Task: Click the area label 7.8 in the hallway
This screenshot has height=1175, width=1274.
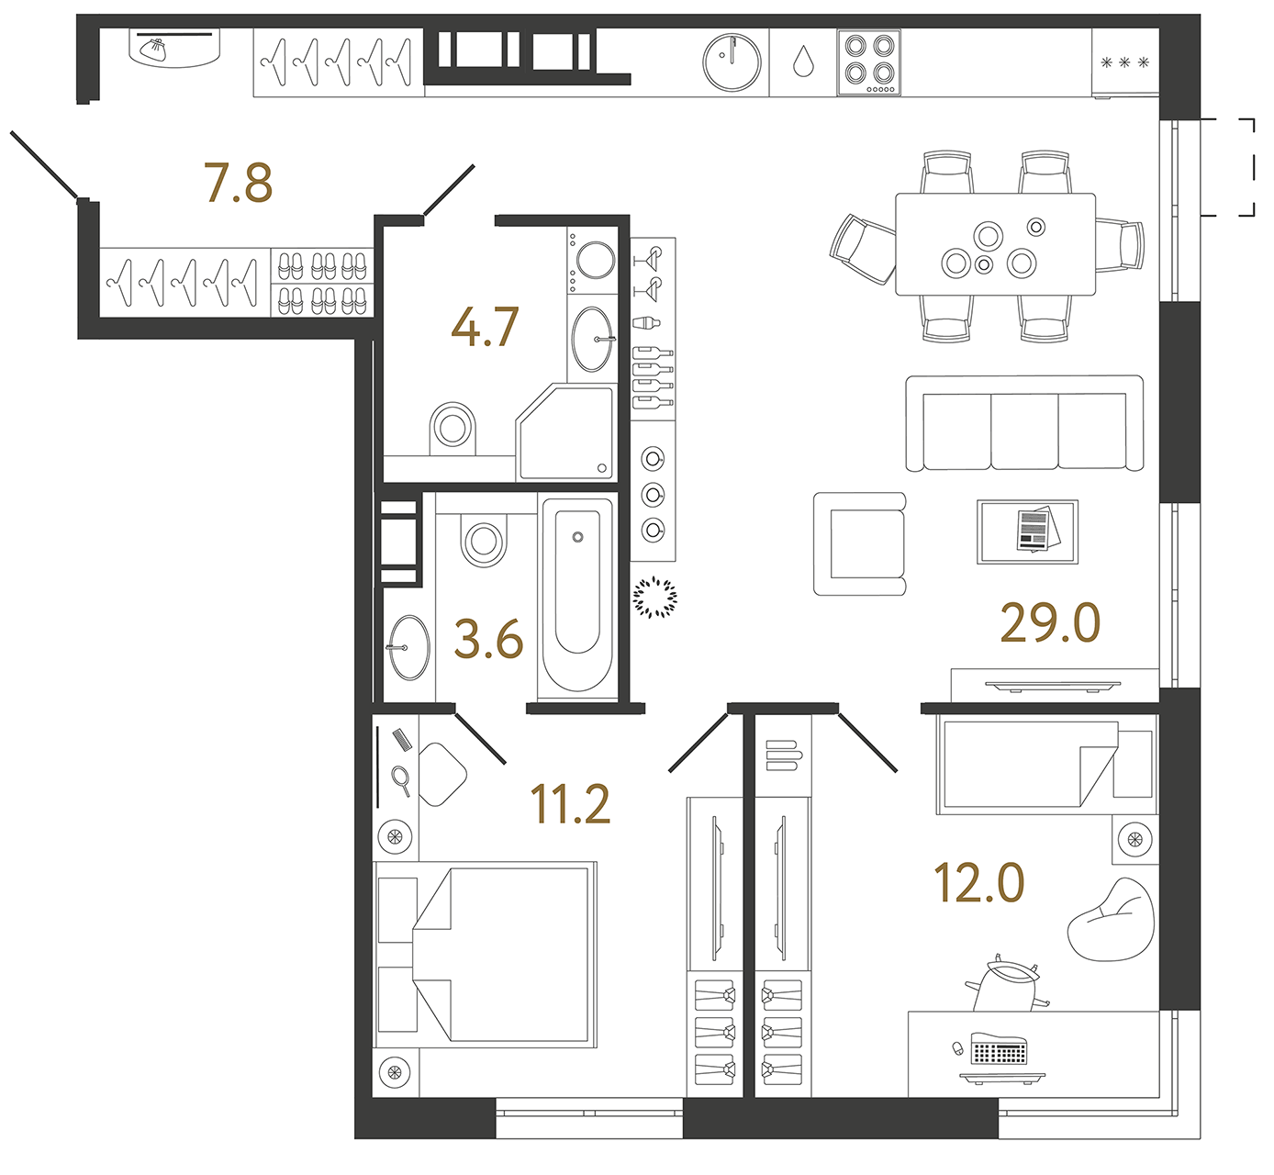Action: coord(238,183)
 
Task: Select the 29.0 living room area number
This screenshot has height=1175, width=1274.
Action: coord(1050,623)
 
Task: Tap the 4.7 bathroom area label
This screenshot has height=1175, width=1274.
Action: coord(485,327)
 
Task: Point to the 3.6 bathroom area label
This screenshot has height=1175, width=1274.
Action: coord(488,639)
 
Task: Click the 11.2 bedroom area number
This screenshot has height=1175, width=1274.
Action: coord(570,804)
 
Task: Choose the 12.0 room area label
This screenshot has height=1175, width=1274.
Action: coord(978,883)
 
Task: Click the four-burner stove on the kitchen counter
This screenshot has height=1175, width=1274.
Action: coord(868,62)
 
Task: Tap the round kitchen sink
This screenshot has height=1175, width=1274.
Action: coord(732,62)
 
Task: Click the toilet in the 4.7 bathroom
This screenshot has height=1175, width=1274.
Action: coord(453,427)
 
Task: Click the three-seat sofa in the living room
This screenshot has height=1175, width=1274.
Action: coord(1024,424)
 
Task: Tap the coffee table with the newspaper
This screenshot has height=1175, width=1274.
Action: coord(1027,532)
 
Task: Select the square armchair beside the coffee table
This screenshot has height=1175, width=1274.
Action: coord(860,543)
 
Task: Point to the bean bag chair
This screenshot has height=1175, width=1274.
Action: coord(1112,920)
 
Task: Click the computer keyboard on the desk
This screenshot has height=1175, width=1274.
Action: coord(999,1050)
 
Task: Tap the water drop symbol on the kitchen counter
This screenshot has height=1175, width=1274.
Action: coord(803,62)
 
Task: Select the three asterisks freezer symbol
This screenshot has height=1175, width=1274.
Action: coord(1124,63)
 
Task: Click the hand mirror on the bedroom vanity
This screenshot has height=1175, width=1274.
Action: coord(401,778)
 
